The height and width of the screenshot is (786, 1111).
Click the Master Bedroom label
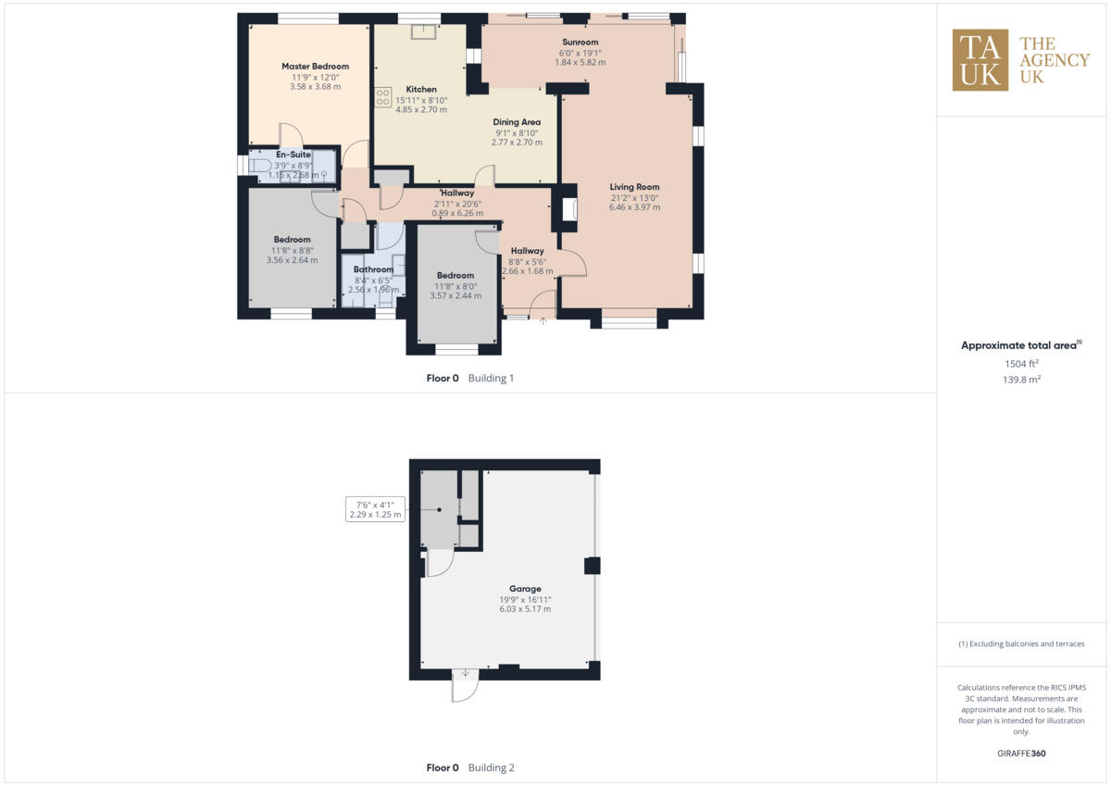tap(315, 67)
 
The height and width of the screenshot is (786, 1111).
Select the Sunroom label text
tap(580, 42)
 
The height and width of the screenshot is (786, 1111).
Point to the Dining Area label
tap(517, 122)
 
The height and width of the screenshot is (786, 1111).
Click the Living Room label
tap(634, 187)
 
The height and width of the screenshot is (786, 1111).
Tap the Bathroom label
tap(373, 269)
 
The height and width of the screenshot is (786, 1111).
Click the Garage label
tap(525, 589)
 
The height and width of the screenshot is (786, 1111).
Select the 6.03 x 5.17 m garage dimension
tap(525, 609)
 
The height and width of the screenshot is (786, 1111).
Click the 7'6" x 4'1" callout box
tap(374, 509)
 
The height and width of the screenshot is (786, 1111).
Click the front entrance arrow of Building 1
tap(543, 321)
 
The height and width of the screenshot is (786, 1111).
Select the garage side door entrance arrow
tap(466, 674)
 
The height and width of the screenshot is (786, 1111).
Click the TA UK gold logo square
tap(980, 60)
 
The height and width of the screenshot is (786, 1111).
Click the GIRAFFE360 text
tap(1022, 754)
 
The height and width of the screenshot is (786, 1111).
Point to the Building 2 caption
tap(491, 767)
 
